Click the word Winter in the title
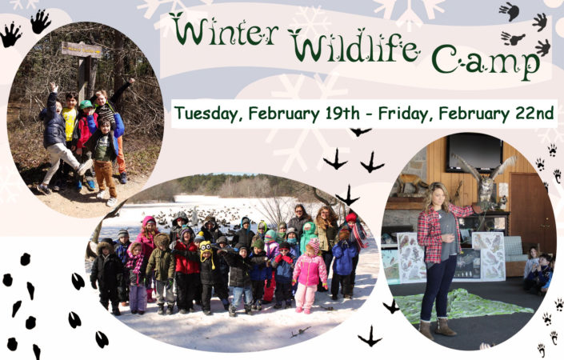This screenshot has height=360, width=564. click(224, 30)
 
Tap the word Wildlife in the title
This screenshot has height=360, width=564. click(354, 46)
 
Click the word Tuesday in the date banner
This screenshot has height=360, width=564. click(206, 114)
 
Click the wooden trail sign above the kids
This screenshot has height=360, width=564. click(82, 50)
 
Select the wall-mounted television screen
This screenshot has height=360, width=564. click(474, 153)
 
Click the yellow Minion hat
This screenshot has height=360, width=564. click(206, 250)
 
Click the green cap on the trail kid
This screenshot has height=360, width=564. click(86, 104)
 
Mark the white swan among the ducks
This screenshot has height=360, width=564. click(195, 216)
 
